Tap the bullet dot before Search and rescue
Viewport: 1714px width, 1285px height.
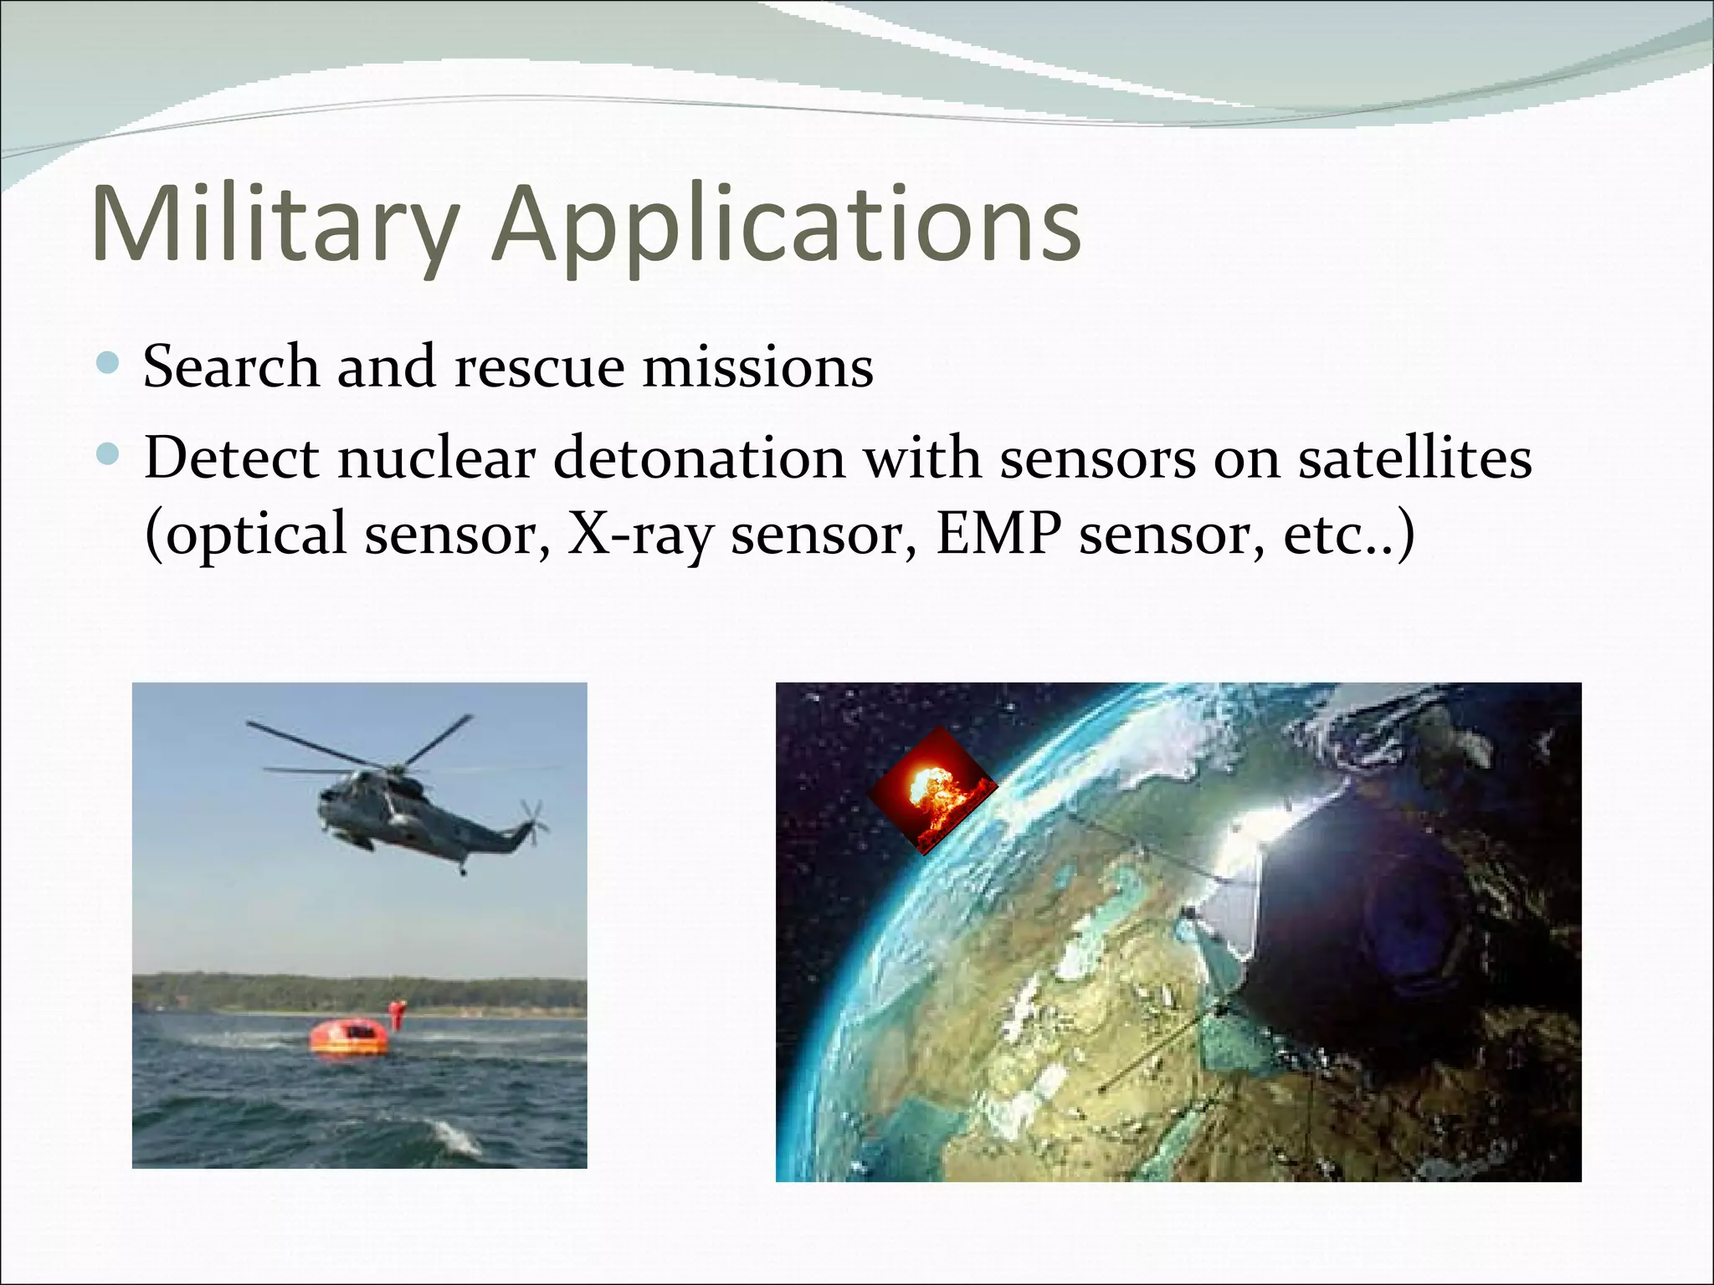click(x=108, y=364)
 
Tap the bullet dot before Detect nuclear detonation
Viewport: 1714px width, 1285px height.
click(x=108, y=456)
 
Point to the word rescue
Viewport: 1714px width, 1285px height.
click(x=539, y=368)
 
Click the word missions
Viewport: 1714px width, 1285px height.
click(x=757, y=368)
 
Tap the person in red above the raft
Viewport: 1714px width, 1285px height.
click(x=397, y=1014)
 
